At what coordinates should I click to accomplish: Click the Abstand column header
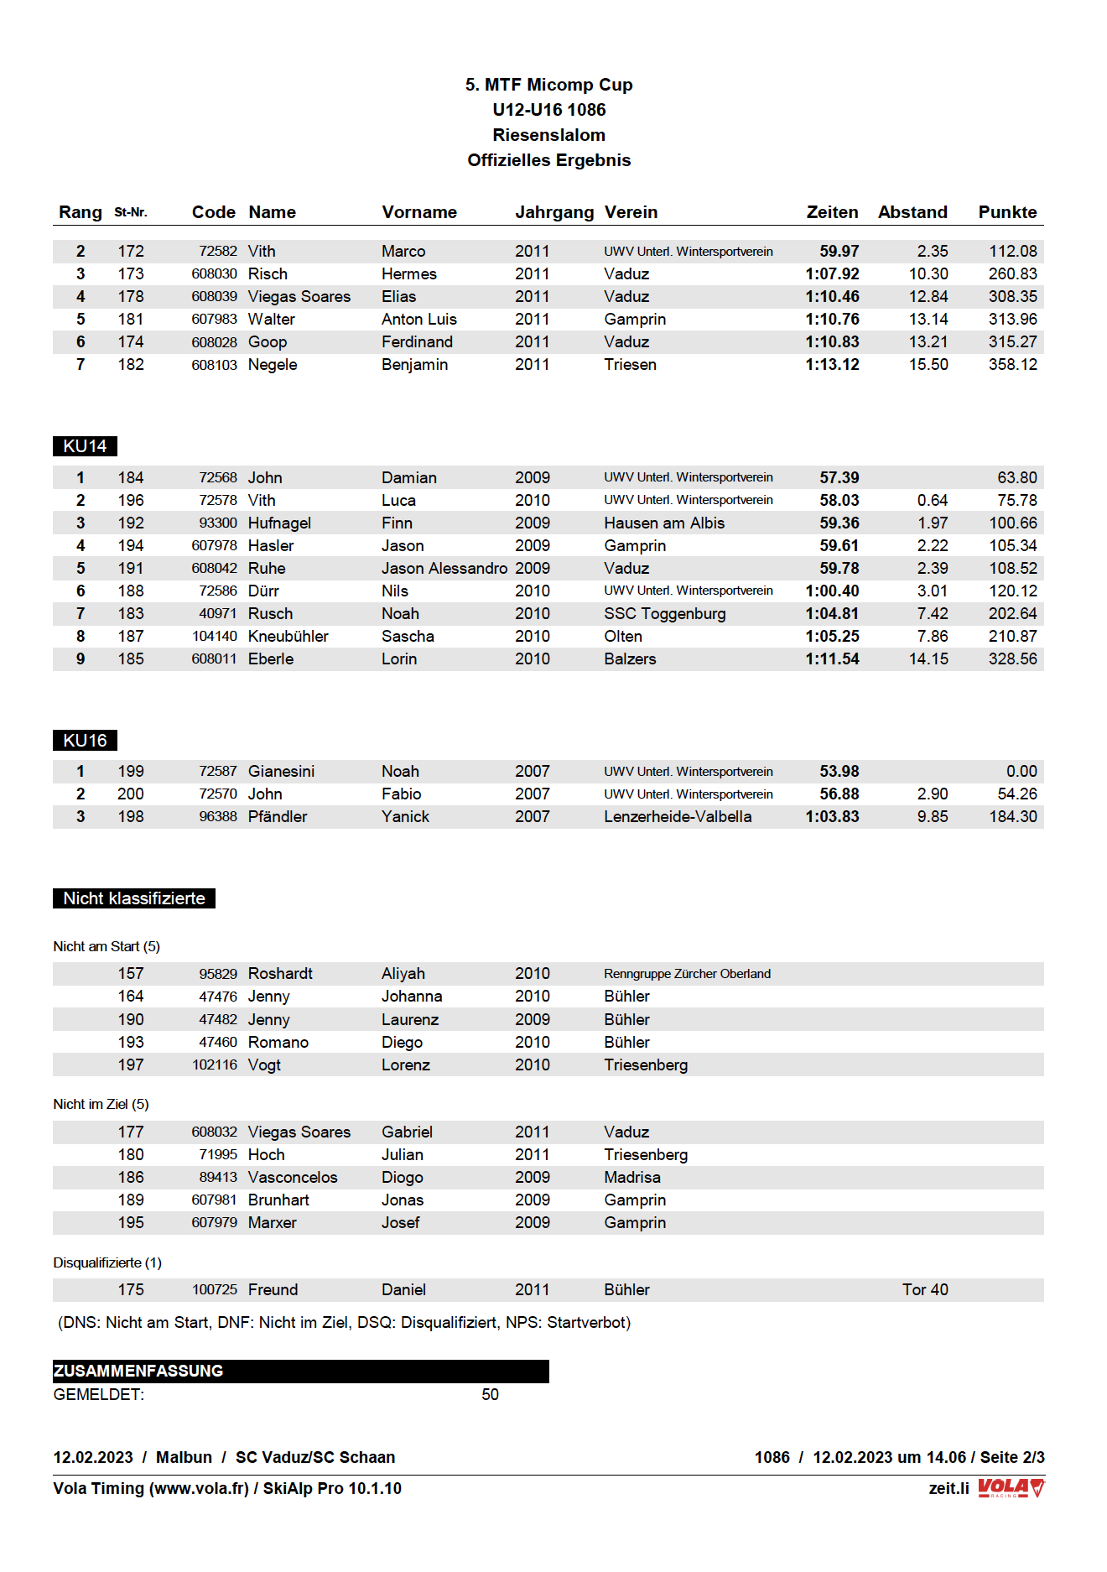coord(912,212)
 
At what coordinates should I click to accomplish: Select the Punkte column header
coord(1007,212)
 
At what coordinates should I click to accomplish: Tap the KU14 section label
coord(85,446)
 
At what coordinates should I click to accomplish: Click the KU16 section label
coord(85,741)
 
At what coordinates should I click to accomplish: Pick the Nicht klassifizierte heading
coord(134,898)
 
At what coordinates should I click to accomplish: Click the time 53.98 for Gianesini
coord(839,772)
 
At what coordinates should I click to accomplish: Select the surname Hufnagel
coord(279,523)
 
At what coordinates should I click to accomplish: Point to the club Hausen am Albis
coord(664,523)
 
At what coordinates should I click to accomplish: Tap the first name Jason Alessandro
coord(444,569)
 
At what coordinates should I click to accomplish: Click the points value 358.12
coord(1012,365)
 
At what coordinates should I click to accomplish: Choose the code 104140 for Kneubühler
coord(215,637)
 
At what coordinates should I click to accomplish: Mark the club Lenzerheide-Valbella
coord(678,817)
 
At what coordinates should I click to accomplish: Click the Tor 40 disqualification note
coord(925,1290)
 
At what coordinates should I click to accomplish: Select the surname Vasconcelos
coord(293,1178)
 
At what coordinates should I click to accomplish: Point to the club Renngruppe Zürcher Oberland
coord(687,974)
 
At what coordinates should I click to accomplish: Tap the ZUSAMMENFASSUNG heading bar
coord(300,1372)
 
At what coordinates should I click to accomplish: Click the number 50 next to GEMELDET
coord(490,1395)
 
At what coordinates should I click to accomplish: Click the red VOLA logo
coord(1011,1488)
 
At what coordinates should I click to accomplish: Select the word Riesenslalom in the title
coord(548,135)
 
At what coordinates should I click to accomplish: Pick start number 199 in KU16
coord(131,772)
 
